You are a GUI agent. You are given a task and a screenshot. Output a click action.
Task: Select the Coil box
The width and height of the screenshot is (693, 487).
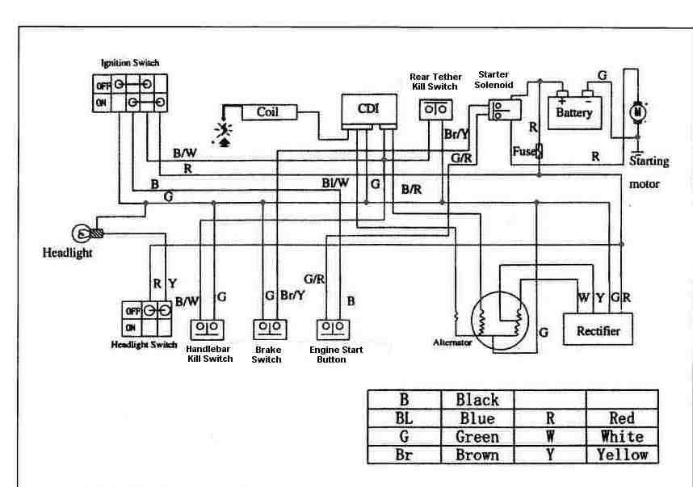(267, 112)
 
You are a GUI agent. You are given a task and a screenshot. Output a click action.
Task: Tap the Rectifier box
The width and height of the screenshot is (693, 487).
(598, 330)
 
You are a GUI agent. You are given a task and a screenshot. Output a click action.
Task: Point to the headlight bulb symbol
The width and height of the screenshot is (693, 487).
(82, 234)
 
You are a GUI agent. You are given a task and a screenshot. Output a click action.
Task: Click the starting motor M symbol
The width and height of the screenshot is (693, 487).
(636, 111)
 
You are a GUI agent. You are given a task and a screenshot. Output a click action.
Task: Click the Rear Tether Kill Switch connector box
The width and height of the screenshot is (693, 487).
(437, 109)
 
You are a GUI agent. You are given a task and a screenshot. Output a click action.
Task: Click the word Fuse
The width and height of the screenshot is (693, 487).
(523, 151)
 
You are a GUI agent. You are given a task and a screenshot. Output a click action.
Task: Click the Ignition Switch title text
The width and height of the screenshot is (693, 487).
(130, 62)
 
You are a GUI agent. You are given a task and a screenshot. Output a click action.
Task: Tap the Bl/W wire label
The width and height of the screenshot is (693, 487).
(335, 183)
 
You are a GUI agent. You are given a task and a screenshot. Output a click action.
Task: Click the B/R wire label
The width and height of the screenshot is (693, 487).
(412, 190)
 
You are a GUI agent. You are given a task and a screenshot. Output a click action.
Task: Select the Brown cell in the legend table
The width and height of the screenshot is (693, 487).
(477, 455)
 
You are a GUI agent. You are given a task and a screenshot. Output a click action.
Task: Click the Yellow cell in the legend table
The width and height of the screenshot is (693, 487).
(621, 455)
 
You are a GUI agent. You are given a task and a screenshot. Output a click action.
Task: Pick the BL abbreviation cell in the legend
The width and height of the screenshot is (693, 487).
(405, 418)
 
